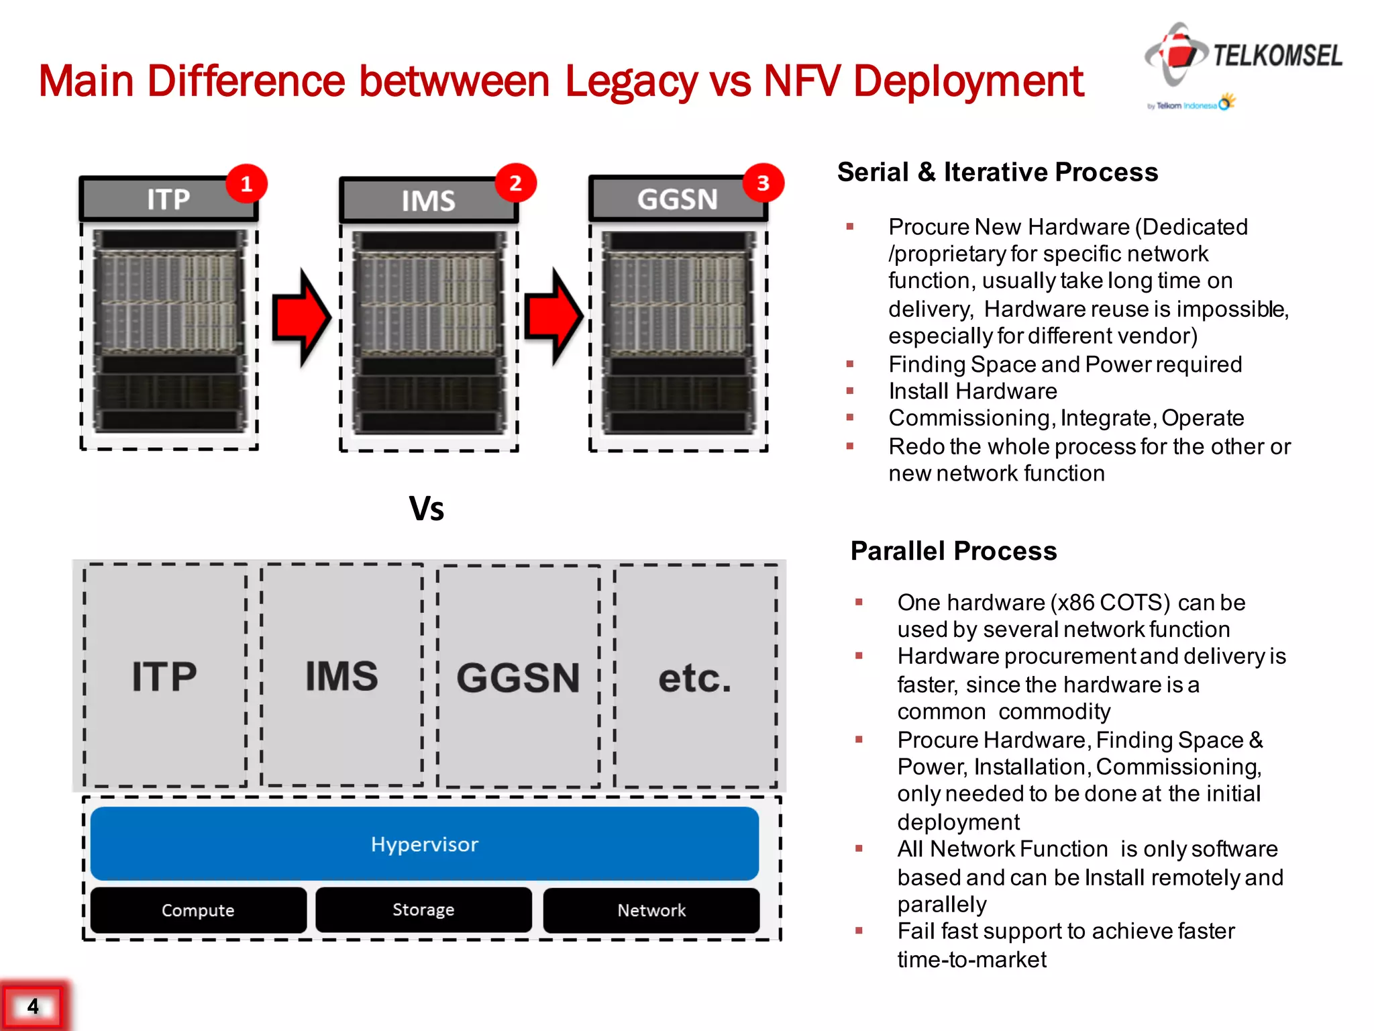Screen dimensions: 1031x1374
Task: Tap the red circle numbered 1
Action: pyautogui.click(x=246, y=184)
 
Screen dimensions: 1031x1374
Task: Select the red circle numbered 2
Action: pyautogui.click(x=515, y=183)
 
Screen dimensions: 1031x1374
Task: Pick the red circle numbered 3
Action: pyautogui.click(x=763, y=183)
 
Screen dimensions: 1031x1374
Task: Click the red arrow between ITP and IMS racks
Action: pyautogui.click(x=301, y=317)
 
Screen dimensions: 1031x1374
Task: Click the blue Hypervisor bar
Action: pyautogui.click(x=424, y=844)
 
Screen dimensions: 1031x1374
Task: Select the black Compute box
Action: pyautogui.click(x=198, y=910)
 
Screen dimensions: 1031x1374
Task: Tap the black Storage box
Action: pyautogui.click(x=423, y=910)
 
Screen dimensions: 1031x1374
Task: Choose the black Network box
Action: pyautogui.click(x=651, y=910)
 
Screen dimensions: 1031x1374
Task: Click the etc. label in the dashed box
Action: pyautogui.click(x=694, y=678)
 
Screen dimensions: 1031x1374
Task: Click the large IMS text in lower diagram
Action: pyautogui.click(x=341, y=676)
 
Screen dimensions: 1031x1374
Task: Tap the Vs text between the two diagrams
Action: pyautogui.click(x=427, y=509)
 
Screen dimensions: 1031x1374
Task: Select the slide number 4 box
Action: pyautogui.click(x=33, y=1006)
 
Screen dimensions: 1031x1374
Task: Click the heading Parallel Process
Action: pyautogui.click(x=953, y=551)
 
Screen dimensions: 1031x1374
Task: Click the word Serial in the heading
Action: pyautogui.click(x=873, y=173)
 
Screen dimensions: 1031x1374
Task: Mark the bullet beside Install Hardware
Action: pyautogui.click(x=850, y=391)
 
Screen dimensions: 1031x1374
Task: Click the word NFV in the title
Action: pyautogui.click(x=802, y=81)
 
